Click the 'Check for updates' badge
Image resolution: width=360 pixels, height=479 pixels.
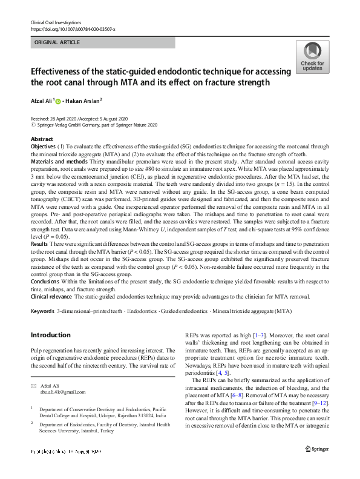tap(312, 57)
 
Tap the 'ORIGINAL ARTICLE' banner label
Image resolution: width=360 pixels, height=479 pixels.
tap(57, 43)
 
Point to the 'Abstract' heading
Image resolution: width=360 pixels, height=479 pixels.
tap(42, 139)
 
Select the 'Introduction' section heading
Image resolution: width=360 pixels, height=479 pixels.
tap(50, 335)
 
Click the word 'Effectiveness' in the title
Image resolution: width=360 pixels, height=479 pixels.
tap(61, 71)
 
